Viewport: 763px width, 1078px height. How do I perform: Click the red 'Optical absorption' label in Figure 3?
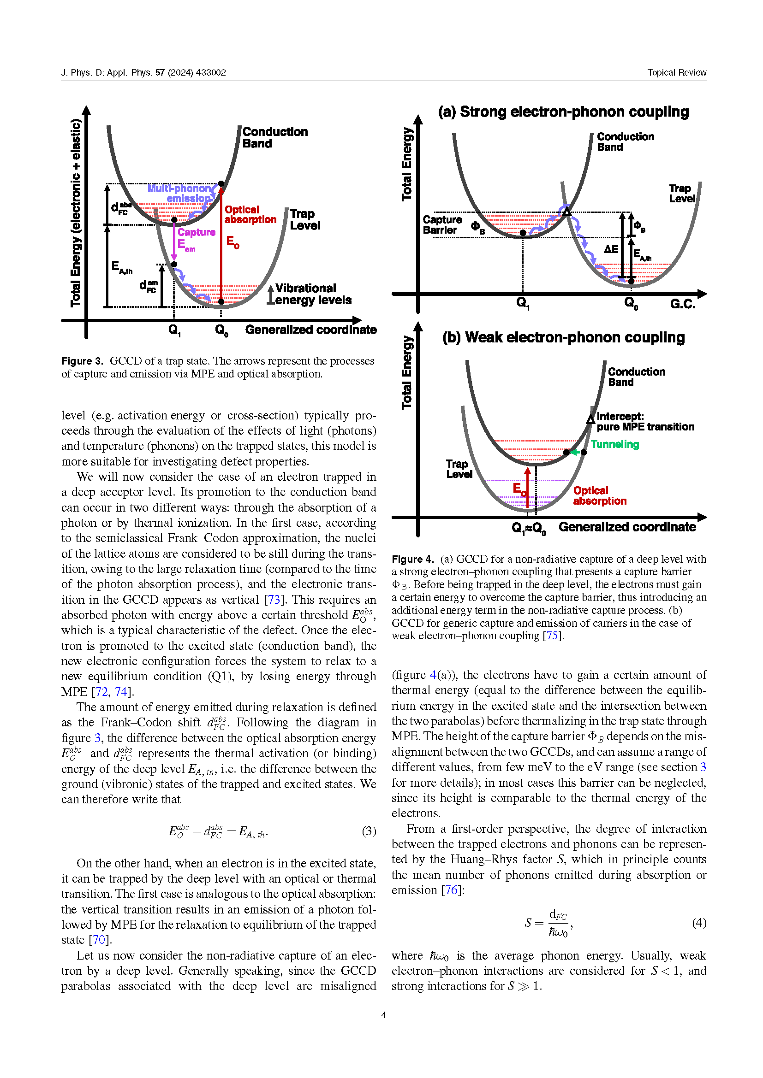pos(250,215)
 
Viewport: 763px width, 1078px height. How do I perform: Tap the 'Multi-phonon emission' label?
pos(181,193)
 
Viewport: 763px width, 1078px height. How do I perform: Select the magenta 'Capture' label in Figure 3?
pos(197,232)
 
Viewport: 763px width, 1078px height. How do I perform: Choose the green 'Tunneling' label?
pos(614,444)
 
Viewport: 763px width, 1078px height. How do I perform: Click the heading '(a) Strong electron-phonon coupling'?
pos(563,112)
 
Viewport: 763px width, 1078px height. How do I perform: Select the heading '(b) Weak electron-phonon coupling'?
pos(563,337)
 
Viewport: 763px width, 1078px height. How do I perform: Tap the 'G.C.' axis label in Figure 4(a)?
pos(682,304)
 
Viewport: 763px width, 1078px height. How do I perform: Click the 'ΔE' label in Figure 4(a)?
pos(611,249)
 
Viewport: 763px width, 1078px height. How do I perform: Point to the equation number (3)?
pos(369,831)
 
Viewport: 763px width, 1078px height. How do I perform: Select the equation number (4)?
pos(699,923)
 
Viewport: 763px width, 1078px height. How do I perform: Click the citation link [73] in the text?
pos(274,600)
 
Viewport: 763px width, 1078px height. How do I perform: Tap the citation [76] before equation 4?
pos(451,890)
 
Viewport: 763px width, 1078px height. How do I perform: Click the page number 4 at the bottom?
pos(383,1015)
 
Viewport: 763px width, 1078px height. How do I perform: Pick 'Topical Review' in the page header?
pos(677,72)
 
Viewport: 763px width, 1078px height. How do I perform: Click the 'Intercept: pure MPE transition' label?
pos(644,422)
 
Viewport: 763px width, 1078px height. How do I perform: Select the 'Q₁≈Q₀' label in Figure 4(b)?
pos(529,528)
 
